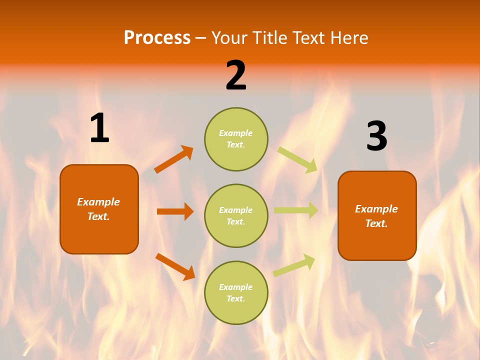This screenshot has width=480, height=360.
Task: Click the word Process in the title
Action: pyautogui.click(x=157, y=38)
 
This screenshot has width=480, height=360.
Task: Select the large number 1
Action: pyautogui.click(x=99, y=128)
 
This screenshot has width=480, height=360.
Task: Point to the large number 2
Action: pyautogui.click(x=236, y=75)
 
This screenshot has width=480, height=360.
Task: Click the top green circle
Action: pyautogui.click(x=236, y=139)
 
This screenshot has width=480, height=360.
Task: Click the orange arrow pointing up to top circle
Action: pyautogui.click(x=173, y=159)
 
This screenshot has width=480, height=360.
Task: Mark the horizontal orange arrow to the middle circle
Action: pyautogui.click(x=175, y=211)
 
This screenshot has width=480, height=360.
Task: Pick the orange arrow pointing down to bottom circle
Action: pyautogui.click(x=175, y=266)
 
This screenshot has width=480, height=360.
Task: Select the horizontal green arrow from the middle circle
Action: pyautogui.click(x=296, y=210)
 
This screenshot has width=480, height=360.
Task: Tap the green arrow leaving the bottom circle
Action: pyautogui.click(x=294, y=265)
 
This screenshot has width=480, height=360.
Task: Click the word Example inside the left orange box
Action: pyautogui.click(x=98, y=202)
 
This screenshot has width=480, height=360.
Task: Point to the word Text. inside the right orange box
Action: pyautogui.click(x=376, y=223)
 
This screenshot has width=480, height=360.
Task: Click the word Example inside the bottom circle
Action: pyautogui.click(x=235, y=287)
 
